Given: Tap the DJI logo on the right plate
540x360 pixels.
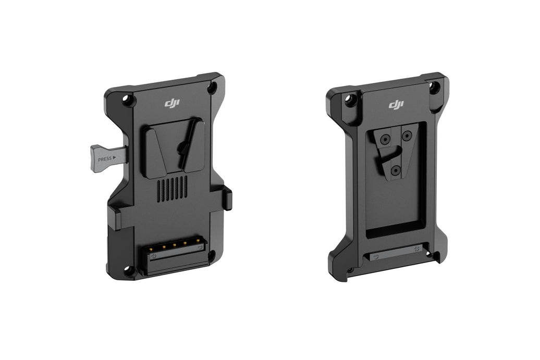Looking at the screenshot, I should (396, 105).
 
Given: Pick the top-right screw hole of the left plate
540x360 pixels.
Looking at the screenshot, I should (212, 88).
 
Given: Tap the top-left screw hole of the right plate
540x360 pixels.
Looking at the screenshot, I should (351, 99).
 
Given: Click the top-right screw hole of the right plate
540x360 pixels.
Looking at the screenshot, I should (434, 86).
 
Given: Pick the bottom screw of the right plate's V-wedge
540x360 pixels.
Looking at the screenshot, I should (396, 170).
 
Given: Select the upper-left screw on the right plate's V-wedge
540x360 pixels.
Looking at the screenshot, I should (385, 140).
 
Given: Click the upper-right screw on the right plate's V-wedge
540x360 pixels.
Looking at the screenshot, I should (405, 136).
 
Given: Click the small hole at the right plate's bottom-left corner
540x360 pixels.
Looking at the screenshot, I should (350, 270).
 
